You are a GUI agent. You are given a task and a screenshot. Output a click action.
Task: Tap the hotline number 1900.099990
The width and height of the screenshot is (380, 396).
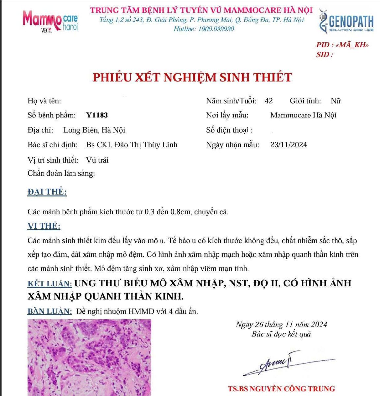click(x=216, y=29)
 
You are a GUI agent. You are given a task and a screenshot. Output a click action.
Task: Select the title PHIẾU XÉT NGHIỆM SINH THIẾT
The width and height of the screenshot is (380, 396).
click(x=192, y=77)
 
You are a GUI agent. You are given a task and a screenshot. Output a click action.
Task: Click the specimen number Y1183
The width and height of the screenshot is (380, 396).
click(x=97, y=115)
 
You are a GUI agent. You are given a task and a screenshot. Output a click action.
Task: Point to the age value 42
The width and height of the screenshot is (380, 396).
click(x=269, y=101)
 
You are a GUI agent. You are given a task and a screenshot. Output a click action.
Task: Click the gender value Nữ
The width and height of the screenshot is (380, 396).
click(x=336, y=101)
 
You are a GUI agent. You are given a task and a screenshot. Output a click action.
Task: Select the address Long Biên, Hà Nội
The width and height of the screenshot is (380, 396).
click(x=94, y=130)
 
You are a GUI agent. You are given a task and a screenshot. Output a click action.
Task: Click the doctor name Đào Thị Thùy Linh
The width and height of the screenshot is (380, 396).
click(x=146, y=145)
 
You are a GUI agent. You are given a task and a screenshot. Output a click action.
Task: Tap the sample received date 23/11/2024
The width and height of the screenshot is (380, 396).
click(x=288, y=145)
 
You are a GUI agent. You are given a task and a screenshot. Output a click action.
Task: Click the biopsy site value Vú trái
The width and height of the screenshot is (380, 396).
click(x=97, y=160)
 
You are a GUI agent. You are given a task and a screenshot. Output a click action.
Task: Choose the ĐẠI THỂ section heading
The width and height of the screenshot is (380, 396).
click(x=47, y=192)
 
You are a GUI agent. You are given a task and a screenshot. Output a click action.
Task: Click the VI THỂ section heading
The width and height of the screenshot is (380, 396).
click(x=44, y=226)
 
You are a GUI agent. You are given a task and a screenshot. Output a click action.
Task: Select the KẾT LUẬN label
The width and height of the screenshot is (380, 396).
click(x=49, y=284)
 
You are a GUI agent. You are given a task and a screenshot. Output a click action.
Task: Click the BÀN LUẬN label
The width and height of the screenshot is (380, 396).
click(x=49, y=311)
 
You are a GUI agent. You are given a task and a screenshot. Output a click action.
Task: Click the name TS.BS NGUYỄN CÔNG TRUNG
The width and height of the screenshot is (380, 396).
click(x=281, y=389)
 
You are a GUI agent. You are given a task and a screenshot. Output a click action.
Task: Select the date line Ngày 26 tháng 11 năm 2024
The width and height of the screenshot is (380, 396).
click(x=281, y=325)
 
